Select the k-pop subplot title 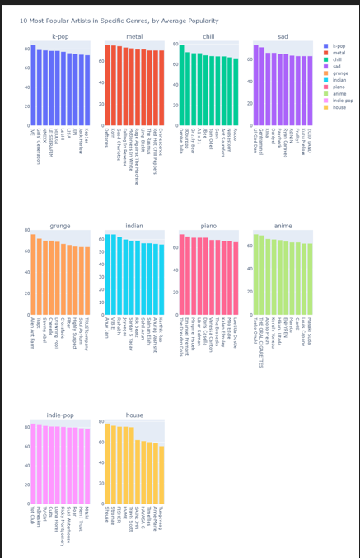pos(60,36)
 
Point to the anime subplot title pos(283,225)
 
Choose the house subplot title pos(134,415)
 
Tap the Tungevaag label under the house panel pos(161,523)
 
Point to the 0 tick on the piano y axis pos(175,314)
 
